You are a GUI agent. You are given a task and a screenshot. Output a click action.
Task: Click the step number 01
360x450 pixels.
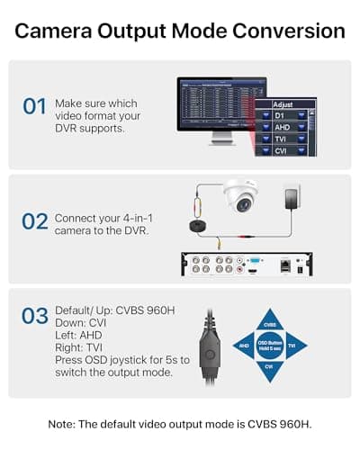coord(34,106)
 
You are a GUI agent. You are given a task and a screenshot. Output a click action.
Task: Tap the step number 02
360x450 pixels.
coord(34,219)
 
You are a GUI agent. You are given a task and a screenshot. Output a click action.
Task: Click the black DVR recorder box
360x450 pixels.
coord(247,265)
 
